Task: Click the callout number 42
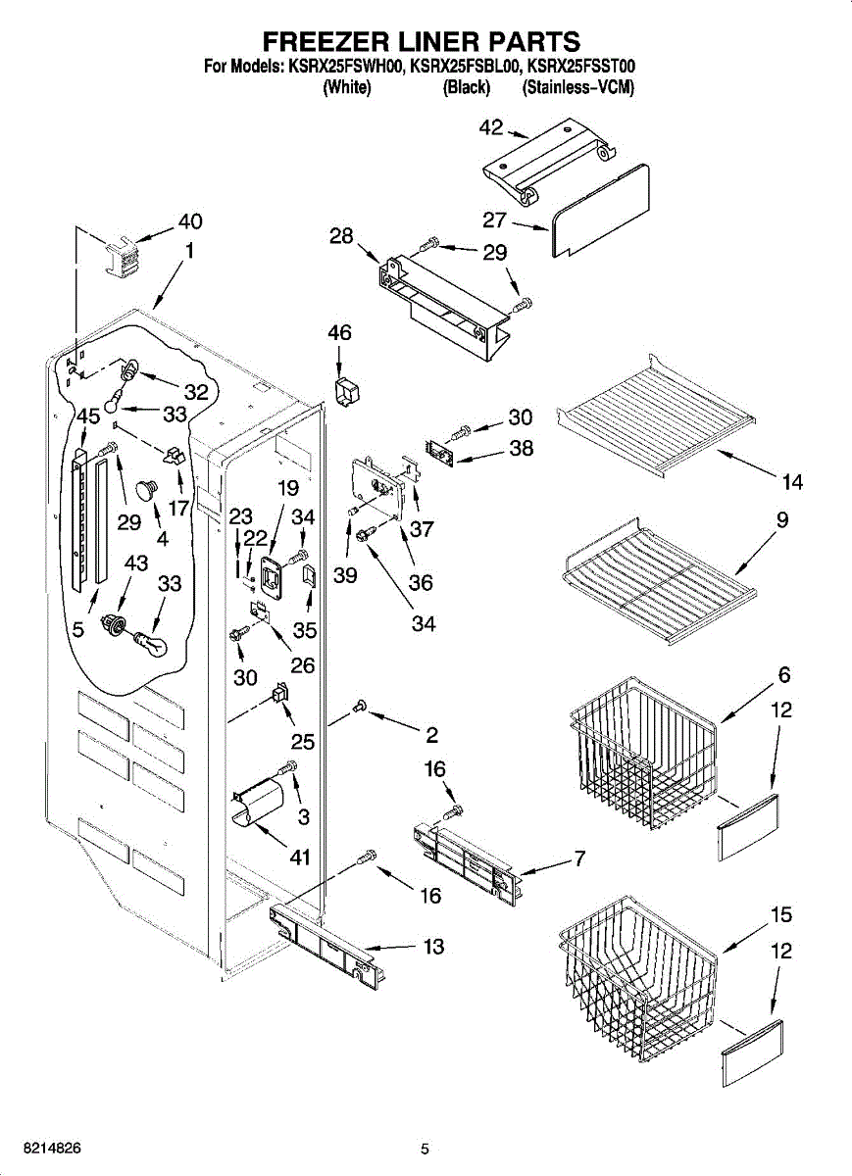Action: coord(490,127)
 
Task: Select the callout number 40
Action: coord(190,221)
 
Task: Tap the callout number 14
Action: coord(792,482)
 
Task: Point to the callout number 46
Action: coord(339,334)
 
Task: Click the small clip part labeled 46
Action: coord(346,390)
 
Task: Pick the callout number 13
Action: coord(432,947)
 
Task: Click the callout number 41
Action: coord(299,857)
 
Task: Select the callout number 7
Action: coord(579,859)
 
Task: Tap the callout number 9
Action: coord(782,521)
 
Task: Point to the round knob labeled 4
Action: coord(147,489)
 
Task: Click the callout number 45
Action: coord(88,416)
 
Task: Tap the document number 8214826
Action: coord(41,1147)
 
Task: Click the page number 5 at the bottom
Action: coord(425,1149)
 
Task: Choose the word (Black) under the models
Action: coord(466,88)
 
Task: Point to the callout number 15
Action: coord(780,915)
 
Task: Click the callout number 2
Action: coord(431,735)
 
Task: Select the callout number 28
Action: coord(341,236)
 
